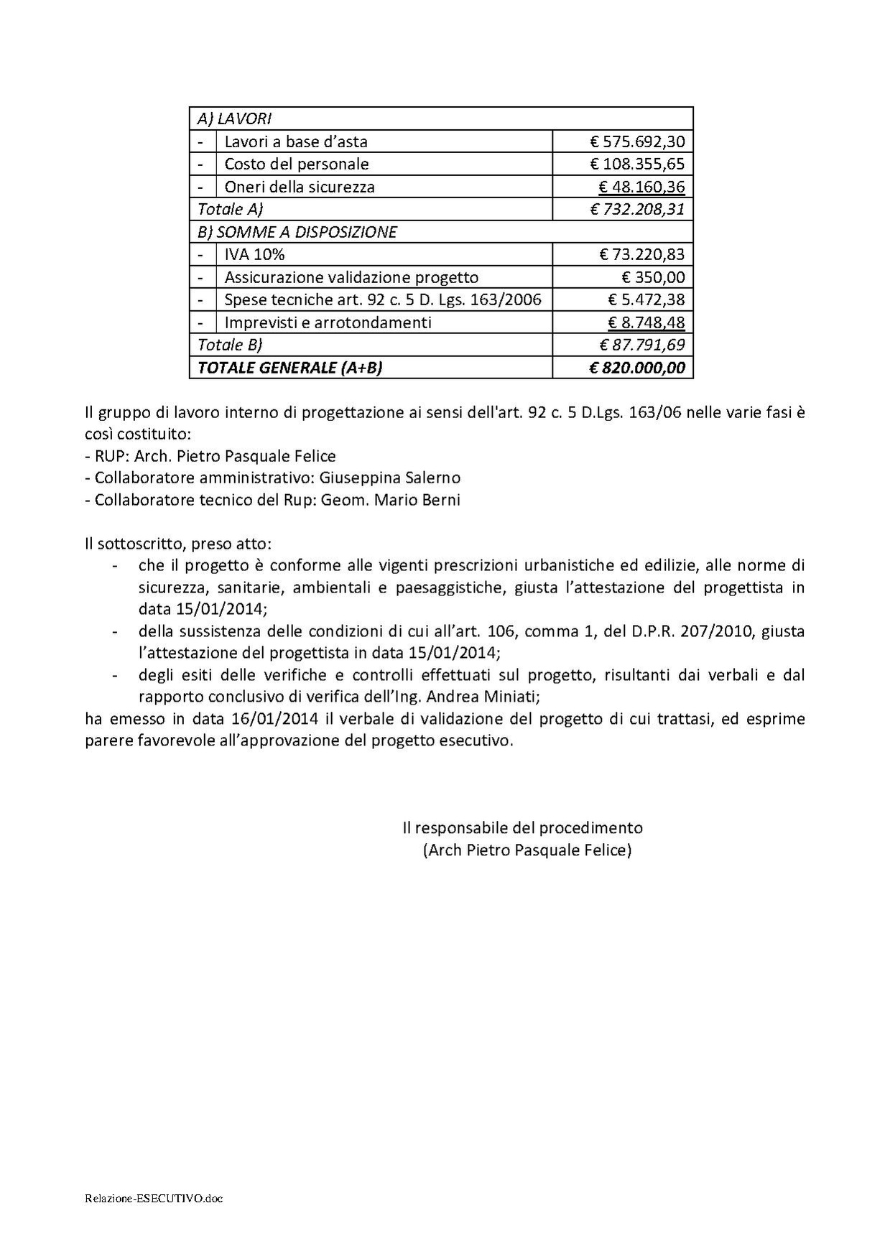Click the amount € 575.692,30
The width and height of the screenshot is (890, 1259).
637,141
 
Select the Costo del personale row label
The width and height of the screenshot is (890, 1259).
297,164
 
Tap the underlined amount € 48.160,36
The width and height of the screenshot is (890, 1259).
641,187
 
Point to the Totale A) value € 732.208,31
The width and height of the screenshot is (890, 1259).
637,209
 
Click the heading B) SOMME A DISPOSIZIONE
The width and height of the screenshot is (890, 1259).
297,232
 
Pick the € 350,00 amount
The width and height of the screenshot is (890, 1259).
653,277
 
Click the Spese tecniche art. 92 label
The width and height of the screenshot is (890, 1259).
383,299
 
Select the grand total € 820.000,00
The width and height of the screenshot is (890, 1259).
637,368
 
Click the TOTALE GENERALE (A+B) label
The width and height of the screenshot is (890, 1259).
289,368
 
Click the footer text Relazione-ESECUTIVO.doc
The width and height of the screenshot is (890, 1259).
153,1199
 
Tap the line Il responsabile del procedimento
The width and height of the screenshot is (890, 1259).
522,827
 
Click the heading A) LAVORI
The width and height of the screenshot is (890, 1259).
234,119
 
